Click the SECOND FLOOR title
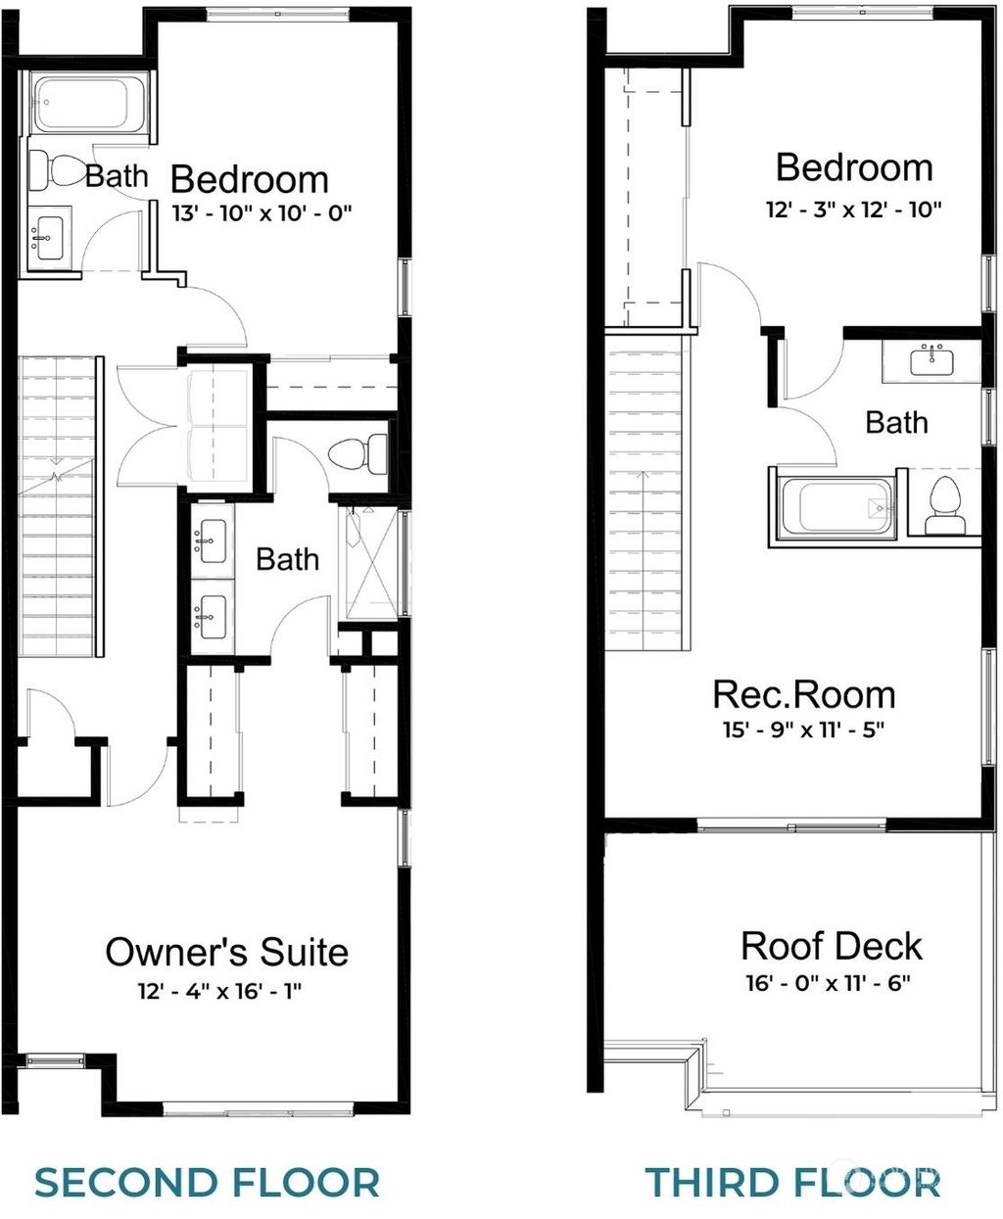point(207,1182)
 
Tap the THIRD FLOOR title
point(792,1182)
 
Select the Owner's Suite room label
point(226,952)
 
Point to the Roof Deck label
point(832,947)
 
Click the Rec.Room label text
point(803,695)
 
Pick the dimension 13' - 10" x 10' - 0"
point(261,211)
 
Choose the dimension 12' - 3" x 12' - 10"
point(853,209)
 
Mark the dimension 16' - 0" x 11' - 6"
point(828,982)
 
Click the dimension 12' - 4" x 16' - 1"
point(219,991)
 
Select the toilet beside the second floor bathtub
point(59,171)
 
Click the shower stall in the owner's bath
point(369,562)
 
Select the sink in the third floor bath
point(931,359)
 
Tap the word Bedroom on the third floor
point(853,167)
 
